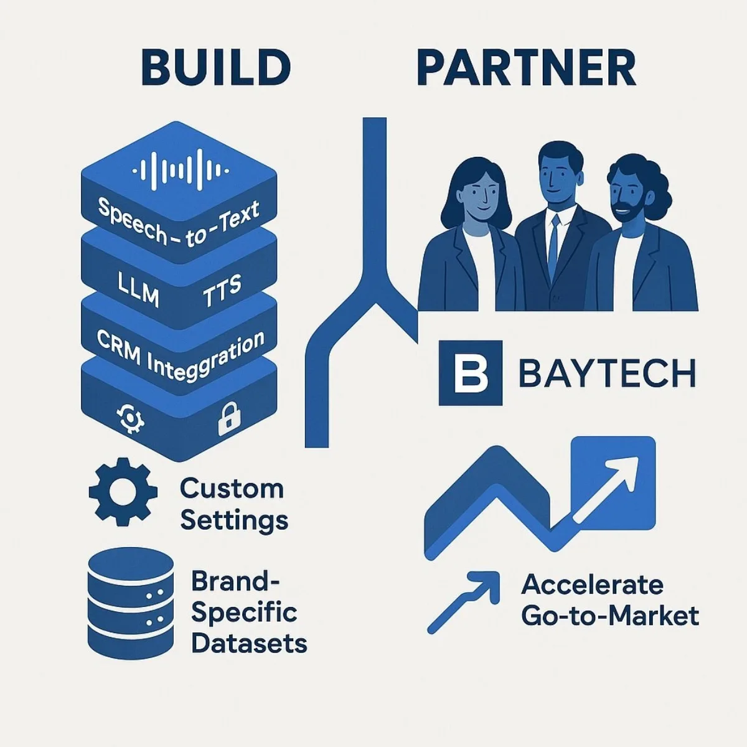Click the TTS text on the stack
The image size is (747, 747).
[222, 291]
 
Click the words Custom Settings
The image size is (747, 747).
[234, 504]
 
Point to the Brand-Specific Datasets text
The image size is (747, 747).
[248, 612]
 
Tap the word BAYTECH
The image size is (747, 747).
[606, 374]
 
